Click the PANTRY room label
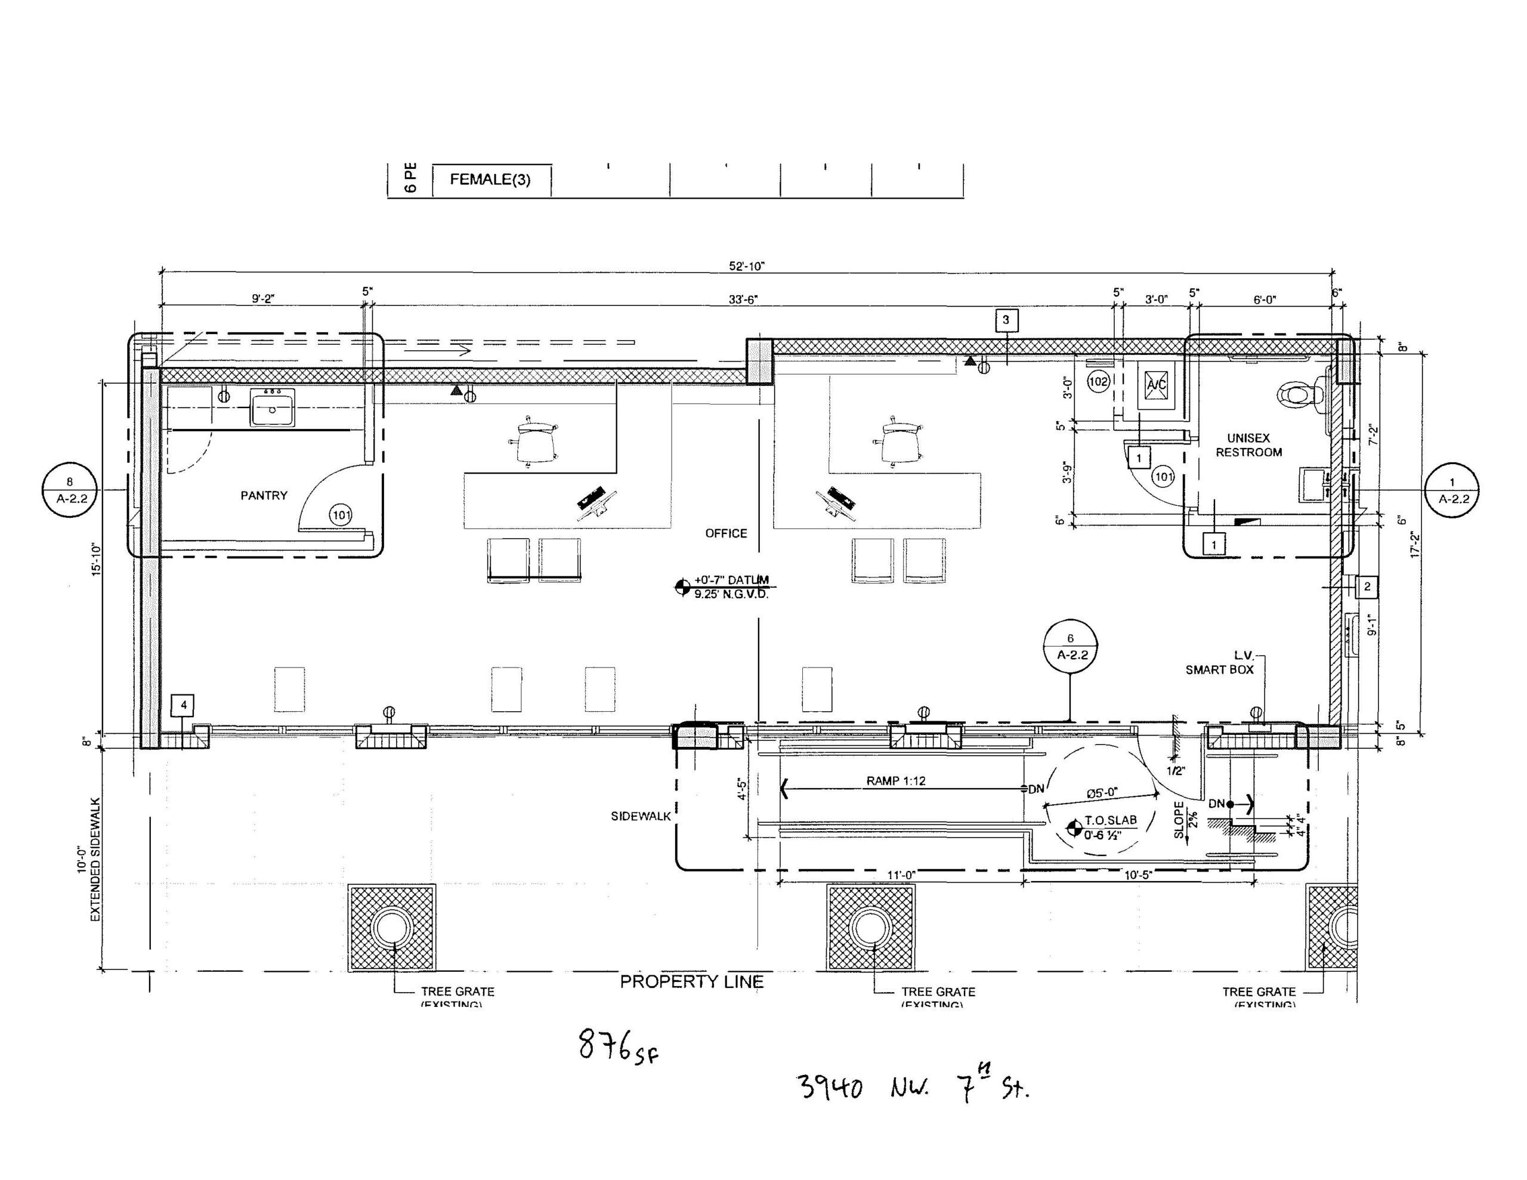point(264,495)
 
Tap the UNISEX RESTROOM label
point(1248,445)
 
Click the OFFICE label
point(726,533)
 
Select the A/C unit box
point(1156,385)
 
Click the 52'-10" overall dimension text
point(747,267)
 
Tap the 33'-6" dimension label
point(743,299)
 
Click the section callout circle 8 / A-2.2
point(69,490)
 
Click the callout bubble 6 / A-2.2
point(1069,646)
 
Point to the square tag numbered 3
point(1006,320)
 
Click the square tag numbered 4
point(183,705)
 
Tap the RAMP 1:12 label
point(896,781)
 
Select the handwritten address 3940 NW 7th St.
point(913,1088)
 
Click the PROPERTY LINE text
point(691,981)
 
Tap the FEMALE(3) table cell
point(490,180)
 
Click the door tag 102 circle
point(1098,381)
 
